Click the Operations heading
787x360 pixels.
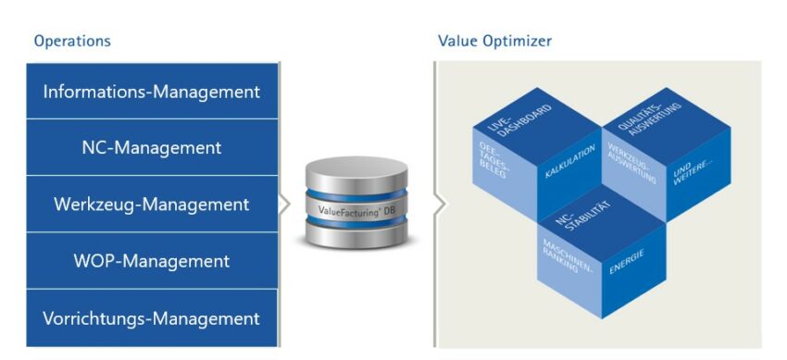72,42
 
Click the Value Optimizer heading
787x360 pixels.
494,42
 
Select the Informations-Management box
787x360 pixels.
152,92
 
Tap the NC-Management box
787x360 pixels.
152,147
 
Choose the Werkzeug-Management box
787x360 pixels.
152,204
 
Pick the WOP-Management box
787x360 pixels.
152,261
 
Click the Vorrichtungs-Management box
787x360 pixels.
152,318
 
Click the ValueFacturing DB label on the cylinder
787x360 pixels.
355,211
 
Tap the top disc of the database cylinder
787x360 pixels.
355,172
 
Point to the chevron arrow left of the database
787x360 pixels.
285,204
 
